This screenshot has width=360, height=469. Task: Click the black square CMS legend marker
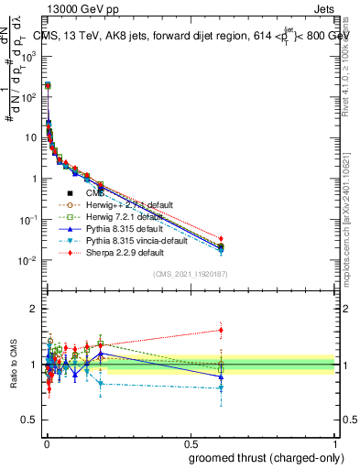70,193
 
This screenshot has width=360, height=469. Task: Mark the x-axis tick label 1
333,443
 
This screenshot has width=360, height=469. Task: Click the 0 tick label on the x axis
46,443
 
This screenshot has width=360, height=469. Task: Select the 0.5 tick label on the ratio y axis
28,420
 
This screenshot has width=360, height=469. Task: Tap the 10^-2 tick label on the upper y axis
27,260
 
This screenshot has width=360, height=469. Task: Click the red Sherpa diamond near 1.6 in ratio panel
221,330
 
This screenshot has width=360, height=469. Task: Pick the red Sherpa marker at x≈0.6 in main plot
221,239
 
